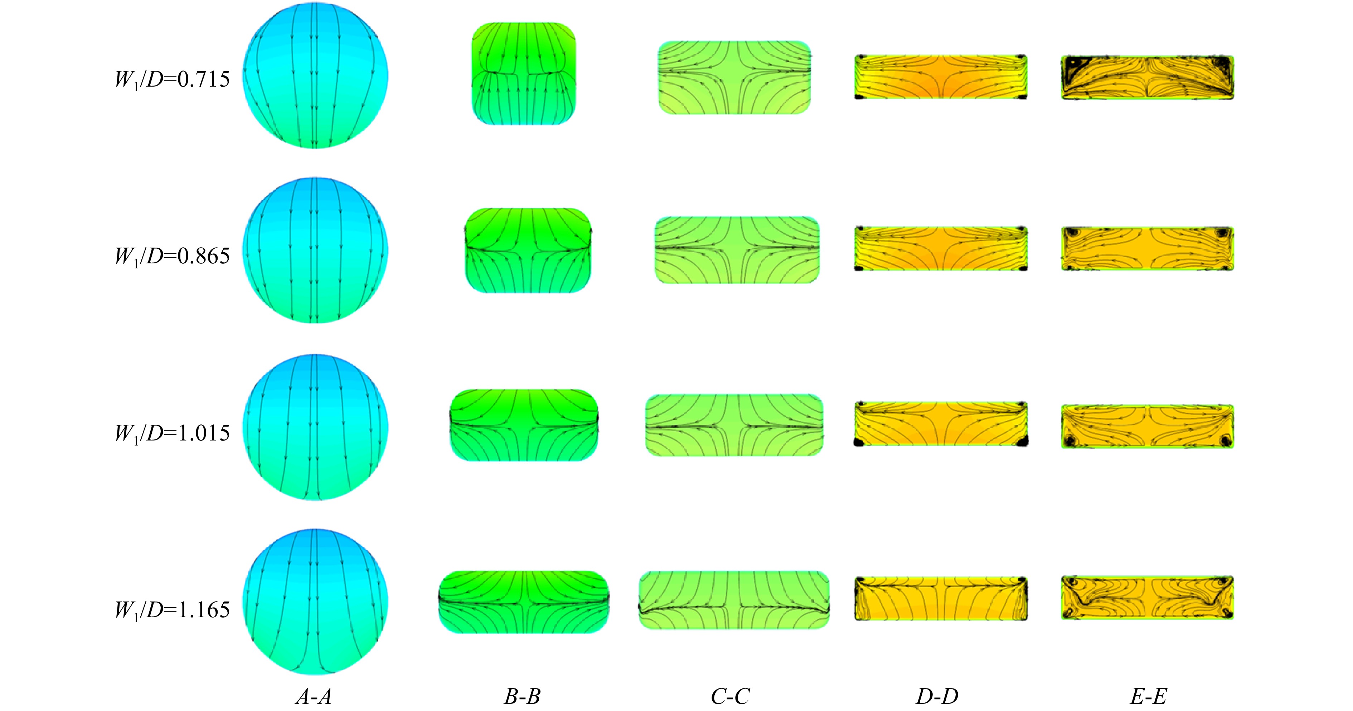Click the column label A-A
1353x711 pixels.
click(314, 696)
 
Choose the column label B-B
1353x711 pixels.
click(523, 696)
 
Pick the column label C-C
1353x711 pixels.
click(730, 696)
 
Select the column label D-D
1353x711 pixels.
click(937, 696)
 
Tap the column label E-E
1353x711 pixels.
click(1148, 696)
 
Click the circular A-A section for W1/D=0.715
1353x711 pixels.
click(315, 76)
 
